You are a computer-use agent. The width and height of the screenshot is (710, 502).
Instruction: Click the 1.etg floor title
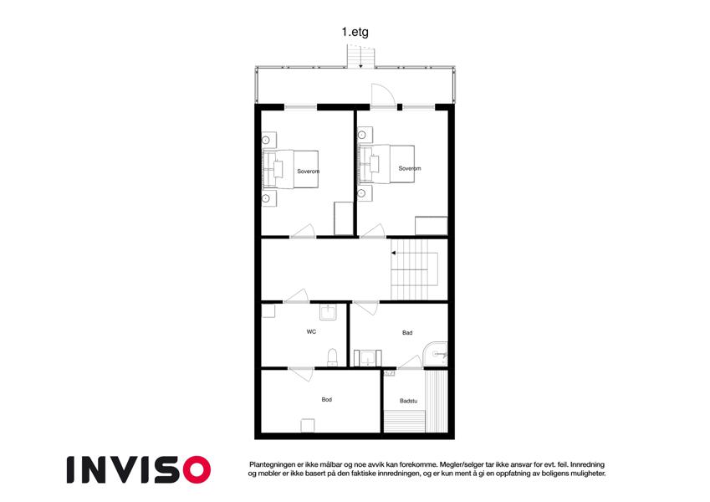355,32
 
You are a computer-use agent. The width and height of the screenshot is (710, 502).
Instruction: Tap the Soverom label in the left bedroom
309,172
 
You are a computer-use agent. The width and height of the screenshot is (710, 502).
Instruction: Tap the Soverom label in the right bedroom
410,168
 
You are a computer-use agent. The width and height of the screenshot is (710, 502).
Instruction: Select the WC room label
311,331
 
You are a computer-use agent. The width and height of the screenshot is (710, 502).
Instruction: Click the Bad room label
407,332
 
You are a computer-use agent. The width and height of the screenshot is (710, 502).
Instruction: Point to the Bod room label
326,400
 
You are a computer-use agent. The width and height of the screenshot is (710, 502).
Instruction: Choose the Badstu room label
408,401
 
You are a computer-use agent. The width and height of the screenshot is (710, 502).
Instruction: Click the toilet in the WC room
332,357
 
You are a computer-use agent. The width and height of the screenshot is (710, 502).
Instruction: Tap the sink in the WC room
328,312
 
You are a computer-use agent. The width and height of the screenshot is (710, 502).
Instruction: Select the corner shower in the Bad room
435,354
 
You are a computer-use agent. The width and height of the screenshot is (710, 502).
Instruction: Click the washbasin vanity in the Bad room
367,358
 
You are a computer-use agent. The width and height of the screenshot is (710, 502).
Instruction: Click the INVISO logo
139,469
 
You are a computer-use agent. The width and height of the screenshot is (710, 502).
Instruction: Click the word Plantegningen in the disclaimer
272,464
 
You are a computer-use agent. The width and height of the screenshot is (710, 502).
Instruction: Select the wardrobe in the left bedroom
343,218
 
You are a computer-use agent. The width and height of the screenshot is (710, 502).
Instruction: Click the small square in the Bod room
308,425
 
